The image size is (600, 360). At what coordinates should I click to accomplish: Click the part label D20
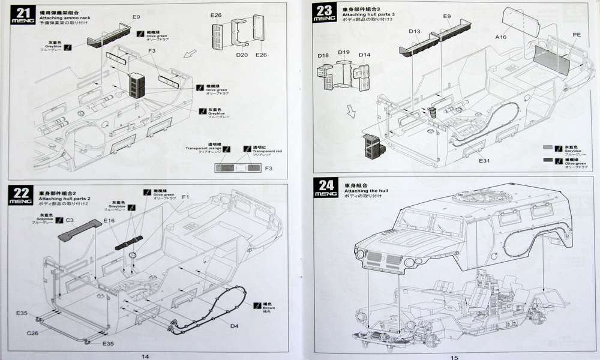(x=242, y=55)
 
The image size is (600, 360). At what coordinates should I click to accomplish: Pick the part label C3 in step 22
(x=70, y=220)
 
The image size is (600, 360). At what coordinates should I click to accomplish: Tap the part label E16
(x=109, y=221)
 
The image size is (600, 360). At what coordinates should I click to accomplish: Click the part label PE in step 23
(x=577, y=35)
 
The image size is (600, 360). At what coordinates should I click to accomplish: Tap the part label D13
(x=415, y=31)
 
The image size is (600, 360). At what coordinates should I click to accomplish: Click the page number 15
(x=454, y=356)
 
